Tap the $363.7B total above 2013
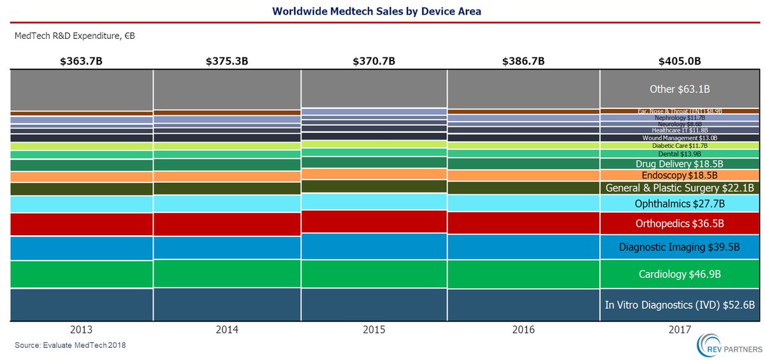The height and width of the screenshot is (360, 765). (x=80, y=62)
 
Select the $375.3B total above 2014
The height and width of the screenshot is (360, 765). (x=227, y=62)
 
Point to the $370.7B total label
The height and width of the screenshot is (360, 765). (x=374, y=62)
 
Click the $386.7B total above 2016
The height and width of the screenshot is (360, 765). (x=523, y=62)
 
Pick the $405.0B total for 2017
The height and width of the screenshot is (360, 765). (x=680, y=62)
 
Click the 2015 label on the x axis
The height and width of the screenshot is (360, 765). (x=374, y=329)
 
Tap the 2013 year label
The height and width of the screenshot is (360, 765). (x=82, y=329)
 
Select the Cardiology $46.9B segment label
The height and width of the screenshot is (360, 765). (x=680, y=275)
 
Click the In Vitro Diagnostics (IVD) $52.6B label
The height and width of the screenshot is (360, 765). (x=680, y=305)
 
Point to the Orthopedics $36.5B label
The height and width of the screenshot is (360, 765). (x=680, y=224)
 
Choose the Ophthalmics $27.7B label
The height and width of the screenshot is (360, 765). (x=680, y=204)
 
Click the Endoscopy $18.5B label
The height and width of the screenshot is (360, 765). (x=680, y=175)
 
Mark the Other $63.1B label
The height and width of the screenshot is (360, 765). (x=680, y=89)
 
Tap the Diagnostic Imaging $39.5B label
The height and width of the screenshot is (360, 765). (x=680, y=247)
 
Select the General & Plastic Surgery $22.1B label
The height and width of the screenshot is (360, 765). (x=680, y=188)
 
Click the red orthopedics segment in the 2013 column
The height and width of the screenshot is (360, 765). (x=82, y=224)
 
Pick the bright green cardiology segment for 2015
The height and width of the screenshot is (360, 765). (x=374, y=274)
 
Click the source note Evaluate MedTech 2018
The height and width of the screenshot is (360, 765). (x=71, y=345)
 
